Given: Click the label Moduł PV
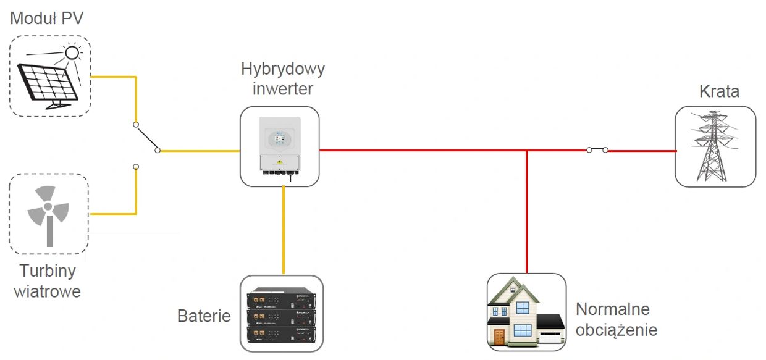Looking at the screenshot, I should click(47, 18).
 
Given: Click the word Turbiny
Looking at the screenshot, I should click(48, 271).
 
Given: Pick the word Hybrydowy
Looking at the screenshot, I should click(282, 69).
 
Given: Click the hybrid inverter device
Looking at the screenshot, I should click(280, 146).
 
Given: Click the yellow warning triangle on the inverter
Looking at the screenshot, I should click(280, 162).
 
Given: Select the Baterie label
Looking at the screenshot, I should click(204, 317).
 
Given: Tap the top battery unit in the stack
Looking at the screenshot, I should click(281, 300).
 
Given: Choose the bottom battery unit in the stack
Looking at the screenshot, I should click(281, 334).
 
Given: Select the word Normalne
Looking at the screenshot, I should click(613, 309).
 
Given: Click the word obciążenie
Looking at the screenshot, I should click(616, 329).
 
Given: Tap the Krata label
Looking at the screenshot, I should click(719, 92).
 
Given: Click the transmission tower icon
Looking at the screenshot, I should click(715, 146).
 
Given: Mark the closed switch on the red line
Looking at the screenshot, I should click(597, 149).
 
